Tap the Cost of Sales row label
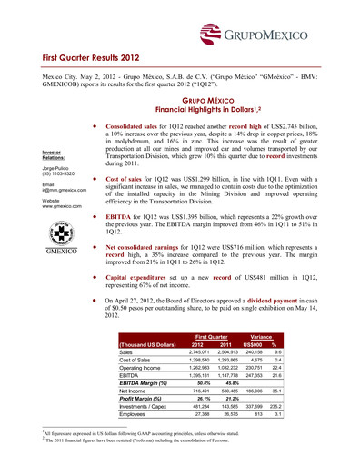pos(138,361)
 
